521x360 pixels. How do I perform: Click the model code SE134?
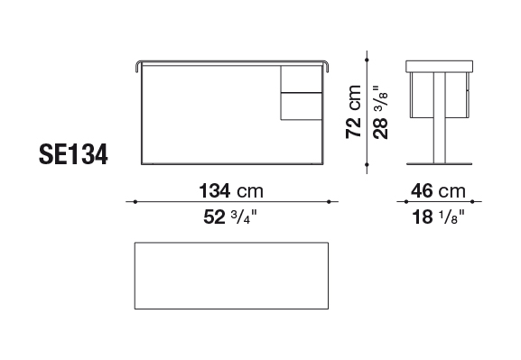pyautogui.click(x=73, y=154)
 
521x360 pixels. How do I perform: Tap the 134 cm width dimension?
pyautogui.click(x=231, y=191)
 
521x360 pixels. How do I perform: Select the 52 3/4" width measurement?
pyautogui.click(x=230, y=217)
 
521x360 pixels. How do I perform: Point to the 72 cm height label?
pyautogui.click(x=353, y=112)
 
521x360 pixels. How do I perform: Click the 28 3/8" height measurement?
pyautogui.click(x=380, y=112)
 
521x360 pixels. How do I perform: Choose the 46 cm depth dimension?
pyautogui.click(x=438, y=191)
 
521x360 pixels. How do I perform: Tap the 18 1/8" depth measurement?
pyautogui.click(x=438, y=217)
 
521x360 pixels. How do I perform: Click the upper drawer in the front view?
pyautogui.click(x=302, y=78)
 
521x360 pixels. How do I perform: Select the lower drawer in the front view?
pyautogui.click(x=302, y=106)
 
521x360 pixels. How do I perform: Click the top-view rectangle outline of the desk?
pyautogui.click(x=231, y=243)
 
